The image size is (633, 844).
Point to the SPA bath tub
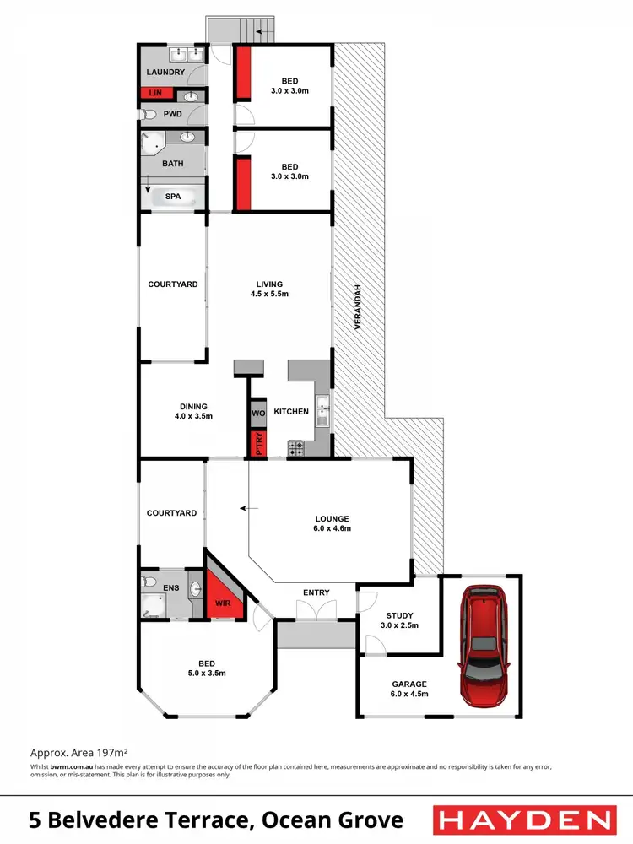[x=173, y=197]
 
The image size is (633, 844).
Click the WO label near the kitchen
[x=258, y=414]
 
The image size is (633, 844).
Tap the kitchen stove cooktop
[x=296, y=447]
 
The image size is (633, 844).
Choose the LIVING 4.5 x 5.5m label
[x=270, y=289]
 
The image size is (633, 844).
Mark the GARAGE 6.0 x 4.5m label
[x=408, y=689]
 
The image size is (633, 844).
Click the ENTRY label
[x=316, y=592]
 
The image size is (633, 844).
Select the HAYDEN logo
[x=522, y=820]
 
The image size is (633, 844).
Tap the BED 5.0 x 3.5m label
[x=207, y=668]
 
